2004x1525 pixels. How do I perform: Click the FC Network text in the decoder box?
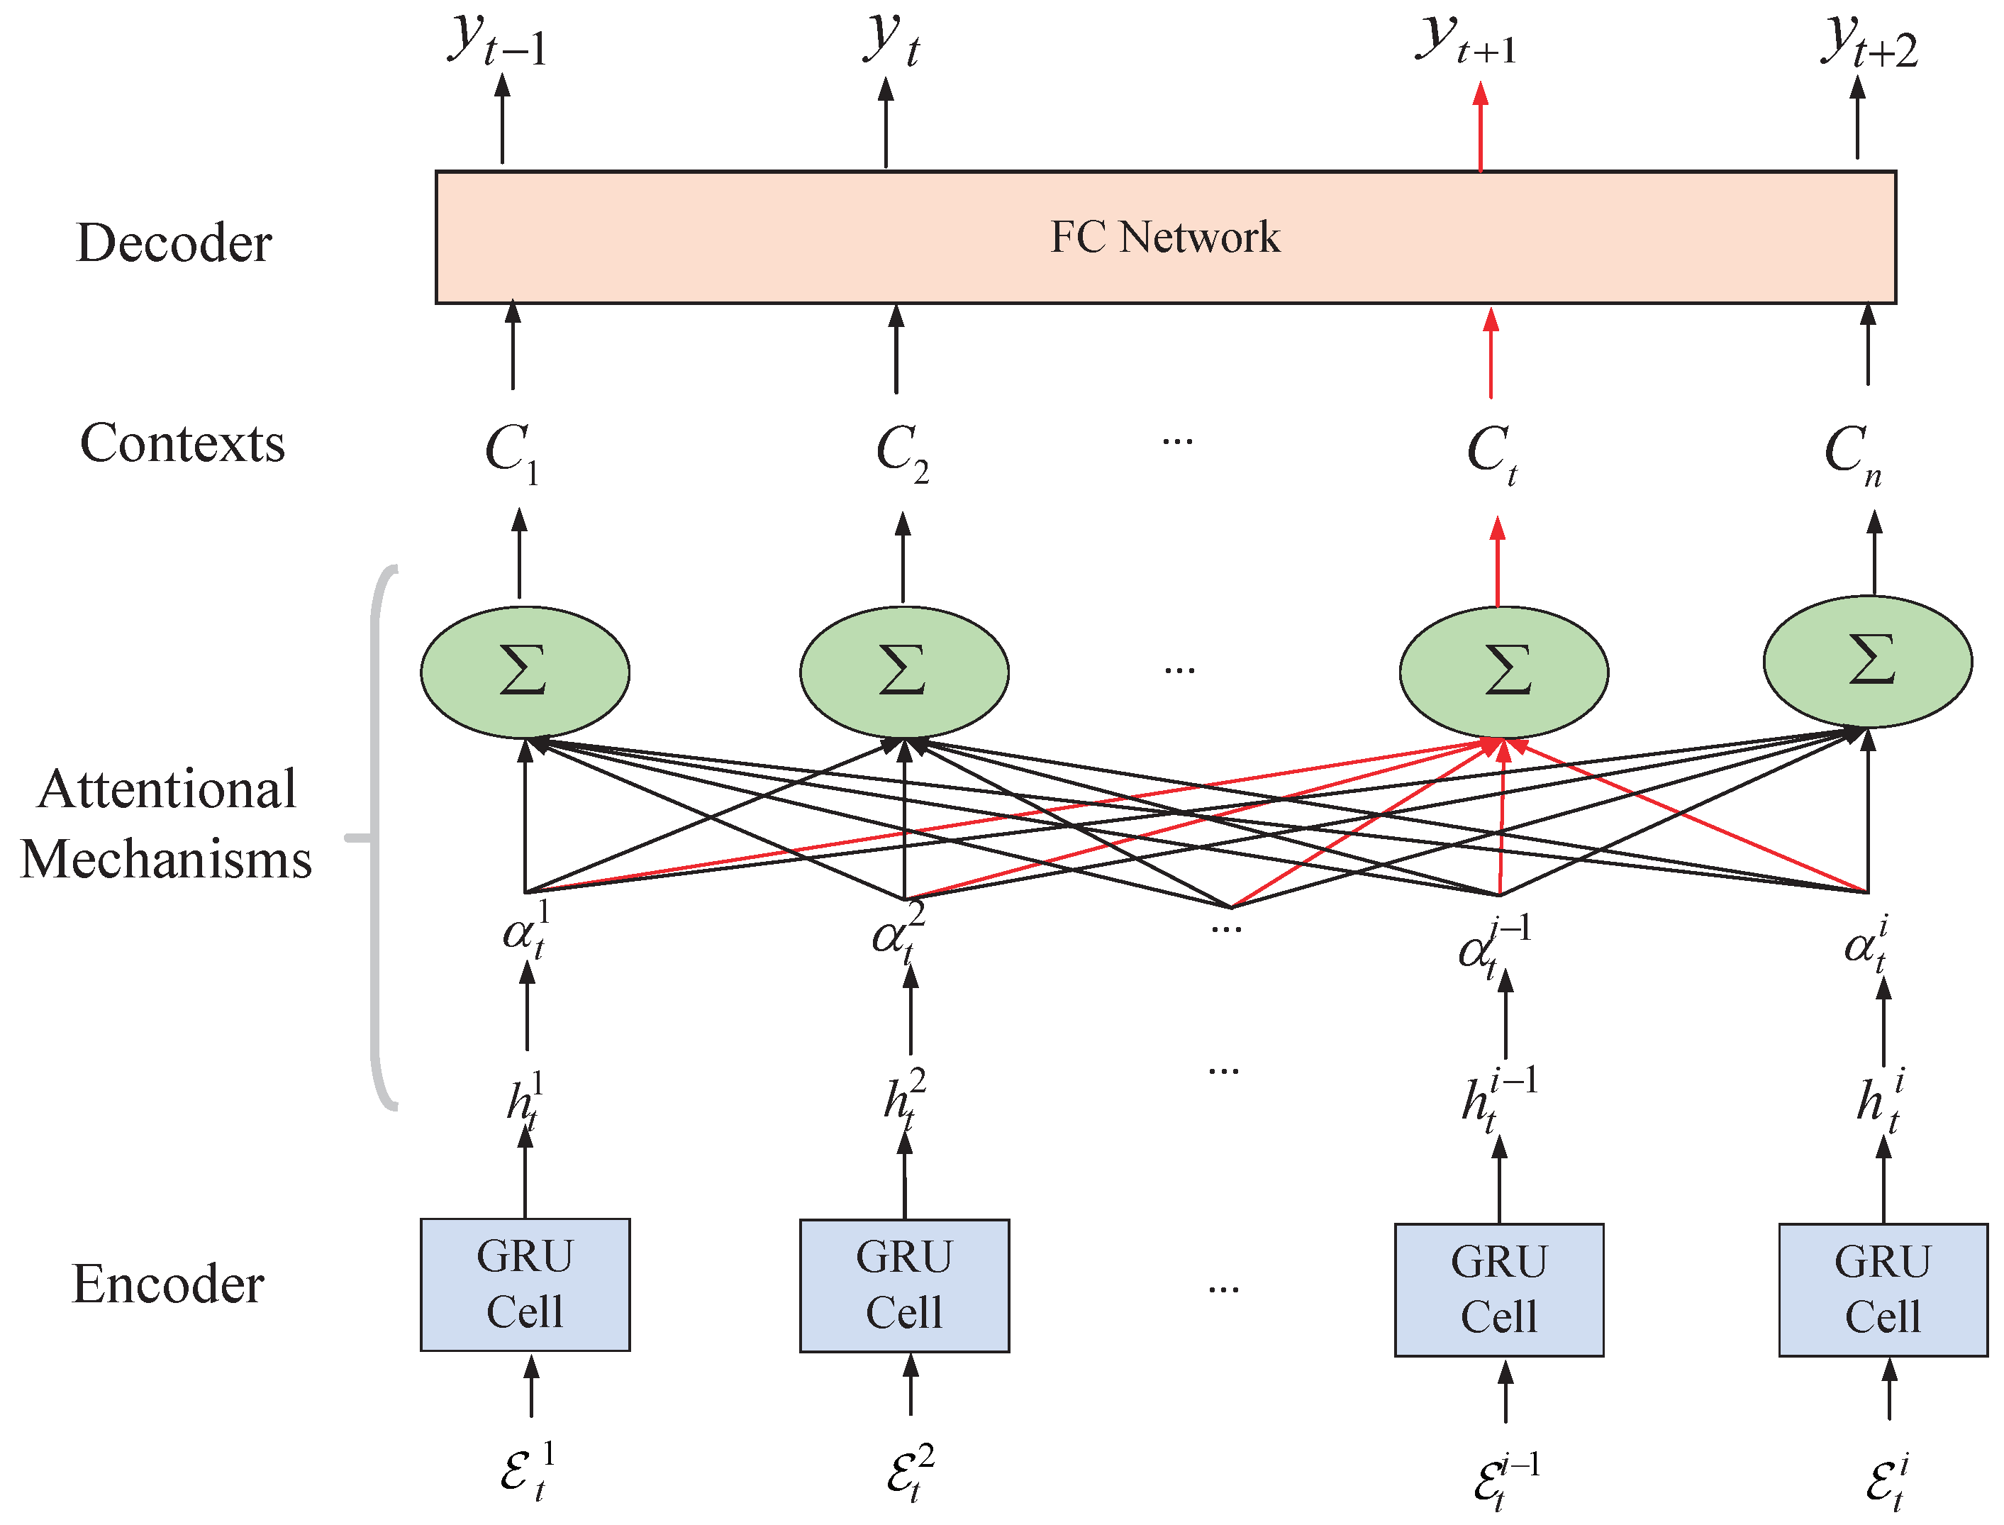pos(1164,238)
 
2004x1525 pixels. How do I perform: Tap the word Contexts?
pos(182,444)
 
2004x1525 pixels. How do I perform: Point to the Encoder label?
pos(168,1285)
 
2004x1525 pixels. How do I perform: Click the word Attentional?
pos(168,789)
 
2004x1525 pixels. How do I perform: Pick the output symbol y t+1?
pos(1466,41)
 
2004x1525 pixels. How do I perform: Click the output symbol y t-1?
pos(497,41)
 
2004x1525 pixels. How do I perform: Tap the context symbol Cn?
pos(1852,451)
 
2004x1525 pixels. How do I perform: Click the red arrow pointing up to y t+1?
pos(1481,127)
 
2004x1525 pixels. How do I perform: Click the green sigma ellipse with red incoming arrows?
pos(1504,672)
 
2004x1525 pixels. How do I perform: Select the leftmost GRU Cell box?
pos(525,1285)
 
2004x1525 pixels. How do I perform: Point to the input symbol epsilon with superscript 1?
pos(526,1470)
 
